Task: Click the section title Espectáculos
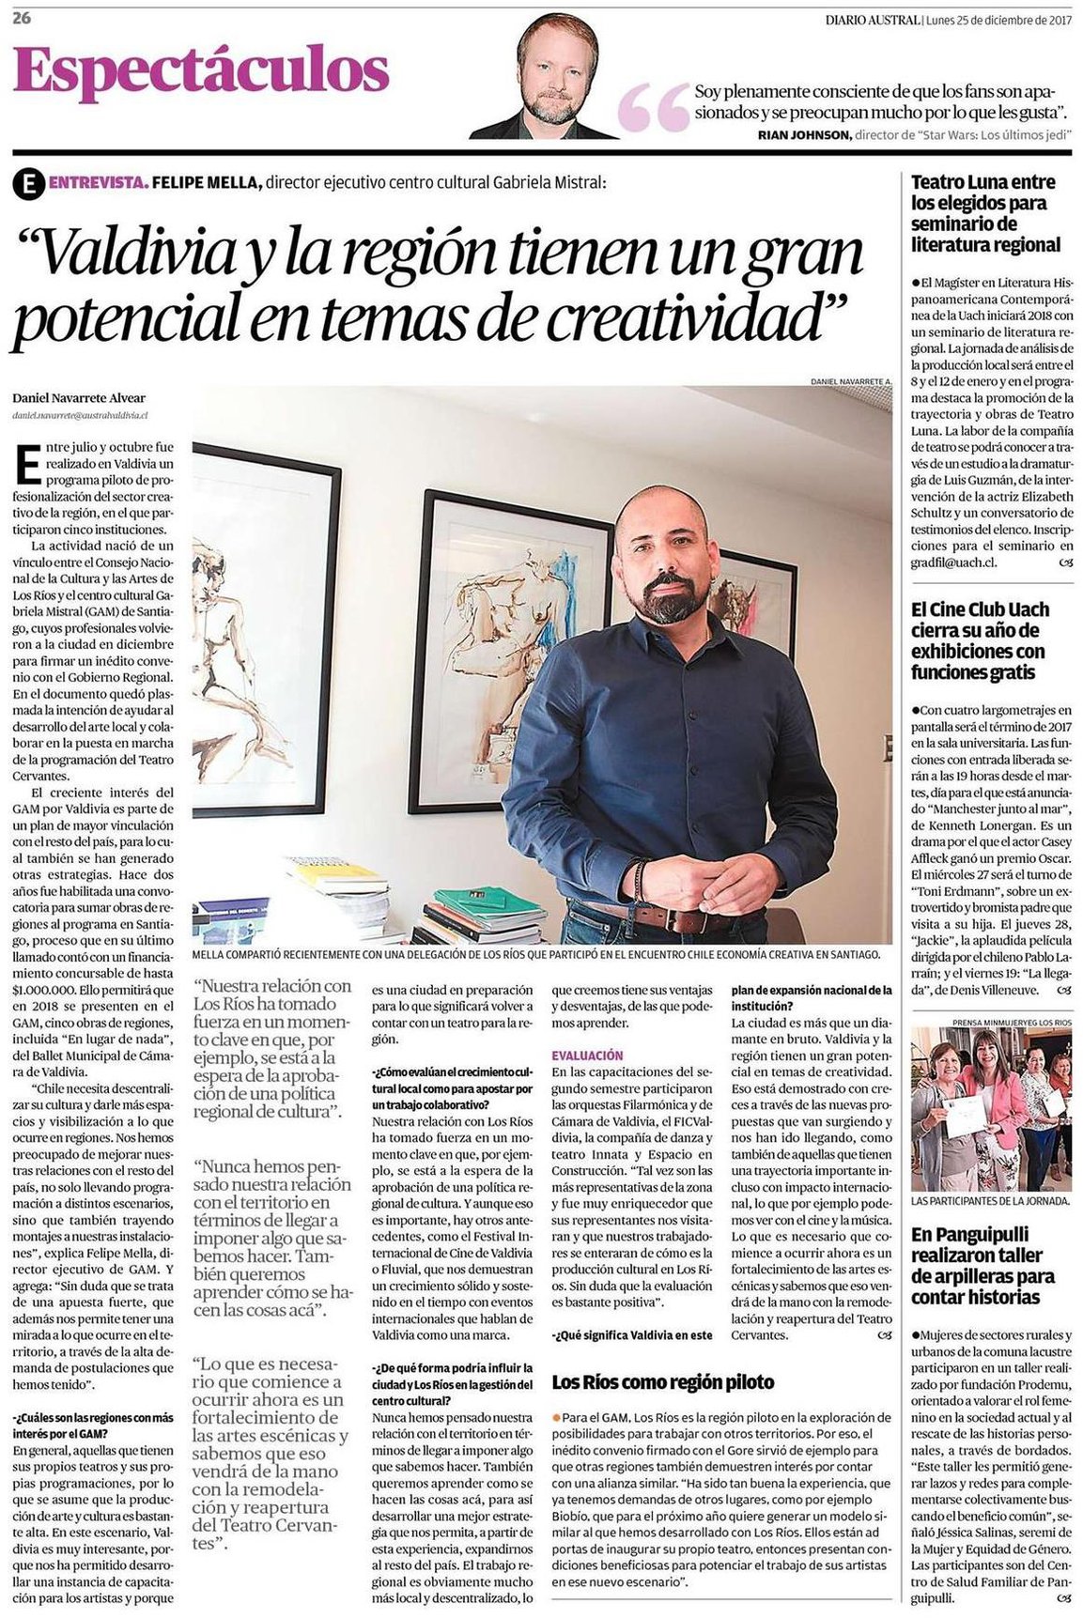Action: pos(201,71)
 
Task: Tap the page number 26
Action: pos(23,19)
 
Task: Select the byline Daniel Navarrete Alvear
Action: pos(79,397)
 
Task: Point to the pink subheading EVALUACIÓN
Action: pos(587,1055)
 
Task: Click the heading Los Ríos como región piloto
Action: pos(662,1381)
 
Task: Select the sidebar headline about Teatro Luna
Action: pos(983,213)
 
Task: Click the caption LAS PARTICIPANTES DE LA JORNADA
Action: pos(991,1200)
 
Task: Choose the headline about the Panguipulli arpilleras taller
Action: pos(982,1265)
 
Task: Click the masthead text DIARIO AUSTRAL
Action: pos(859,20)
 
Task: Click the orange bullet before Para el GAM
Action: pos(556,1416)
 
